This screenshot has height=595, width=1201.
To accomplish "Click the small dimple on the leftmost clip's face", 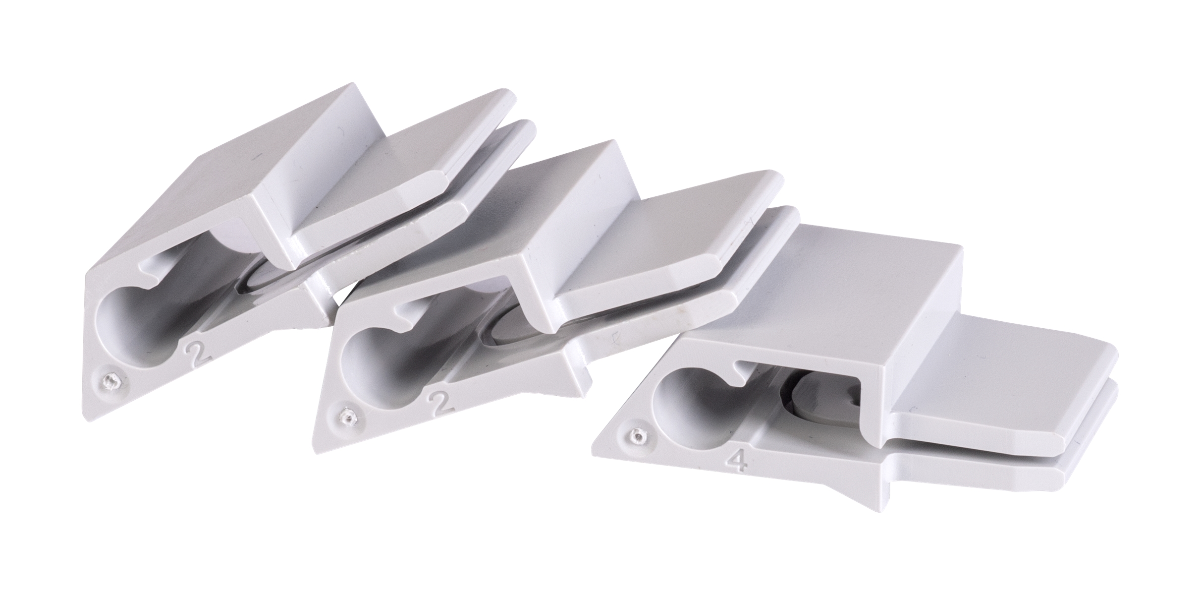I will tap(109, 381).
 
